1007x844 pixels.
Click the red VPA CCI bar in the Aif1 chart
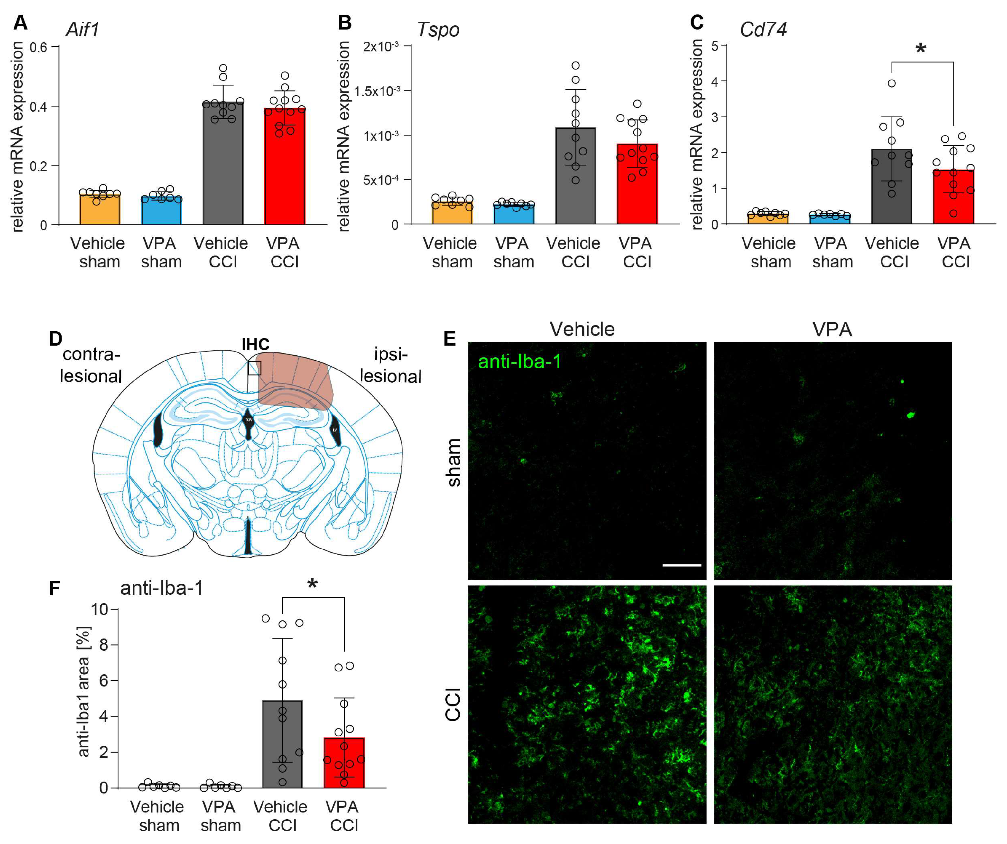pyautogui.click(x=285, y=173)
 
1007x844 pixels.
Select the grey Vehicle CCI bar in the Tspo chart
pyautogui.click(x=576, y=182)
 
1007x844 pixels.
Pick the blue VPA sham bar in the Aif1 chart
pyautogui.click(x=162, y=211)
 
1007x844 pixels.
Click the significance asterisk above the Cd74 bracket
pyautogui.click(x=920, y=49)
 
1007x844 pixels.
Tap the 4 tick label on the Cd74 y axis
pyautogui.click(x=715, y=81)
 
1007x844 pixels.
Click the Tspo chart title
pyautogui.click(x=438, y=30)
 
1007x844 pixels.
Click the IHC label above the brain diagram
pyautogui.click(x=255, y=344)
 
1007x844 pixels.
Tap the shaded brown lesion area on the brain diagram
pyautogui.click(x=295, y=379)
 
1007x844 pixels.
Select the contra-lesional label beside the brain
pyautogui.click(x=91, y=365)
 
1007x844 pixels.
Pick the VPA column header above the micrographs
pyautogui.click(x=832, y=330)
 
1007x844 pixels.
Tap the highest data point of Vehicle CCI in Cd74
pyautogui.click(x=892, y=83)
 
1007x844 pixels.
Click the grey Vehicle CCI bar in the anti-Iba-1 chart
pyautogui.click(x=282, y=748)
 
